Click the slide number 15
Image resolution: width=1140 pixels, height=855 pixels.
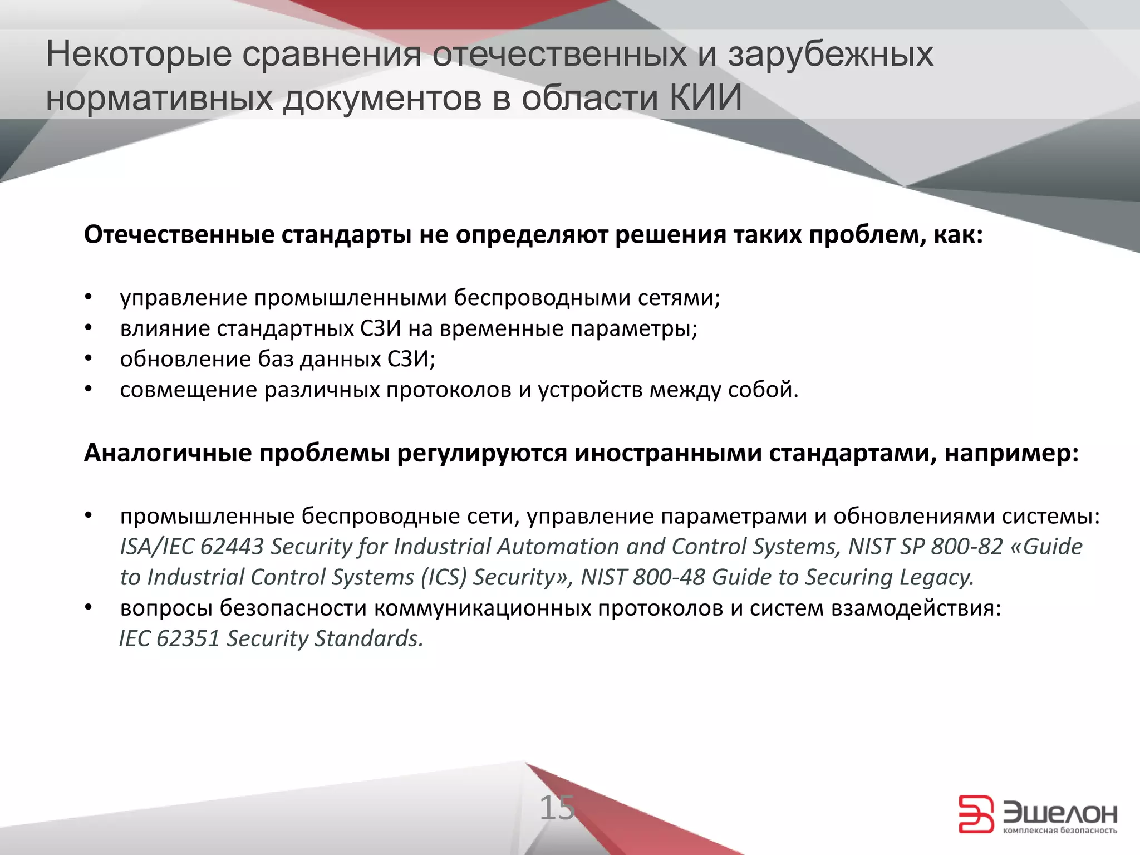[x=557, y=808]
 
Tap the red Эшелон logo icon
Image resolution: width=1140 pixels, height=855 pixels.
[x=976, y=814]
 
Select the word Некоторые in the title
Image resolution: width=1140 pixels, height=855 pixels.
[x=138, y=55]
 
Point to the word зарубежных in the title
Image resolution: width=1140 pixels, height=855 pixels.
[x=831, y=55]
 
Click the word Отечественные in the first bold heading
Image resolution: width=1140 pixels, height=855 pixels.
[x=178, y=235]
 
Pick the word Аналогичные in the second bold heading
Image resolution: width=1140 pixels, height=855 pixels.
[x=168, y=453]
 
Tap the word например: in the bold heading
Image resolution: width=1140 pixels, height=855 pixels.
[x=1011, y=453]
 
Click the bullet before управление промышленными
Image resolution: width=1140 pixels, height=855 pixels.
[x=87, y=298]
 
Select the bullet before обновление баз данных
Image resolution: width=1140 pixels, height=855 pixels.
[x=87, y=359]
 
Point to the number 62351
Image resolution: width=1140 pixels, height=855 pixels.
[x=188, y=638]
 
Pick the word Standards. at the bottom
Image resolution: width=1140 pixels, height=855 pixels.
[x=369, y=638]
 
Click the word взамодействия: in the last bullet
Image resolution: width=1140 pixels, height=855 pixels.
[x=916, y=608]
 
